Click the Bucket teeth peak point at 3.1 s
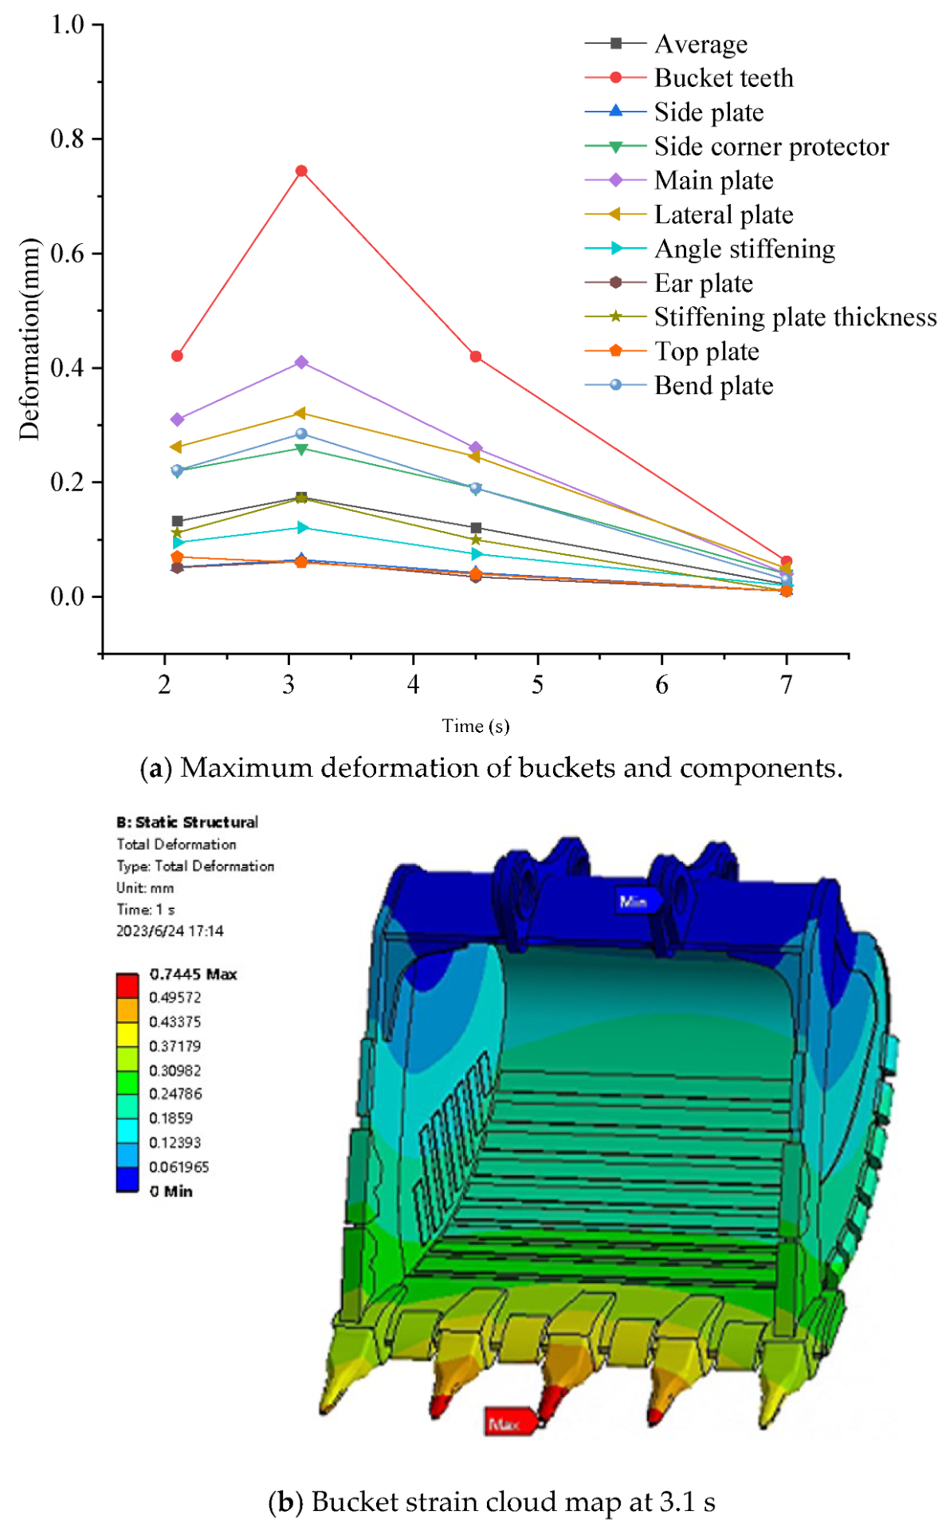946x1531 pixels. click(301, 171)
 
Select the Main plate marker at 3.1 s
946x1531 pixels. click(301, 362)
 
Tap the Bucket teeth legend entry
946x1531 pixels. click(723, 78)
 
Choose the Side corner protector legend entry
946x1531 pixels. click(771, 147)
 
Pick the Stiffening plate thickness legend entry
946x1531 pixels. click(795, 317)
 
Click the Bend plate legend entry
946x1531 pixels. click(713, 386)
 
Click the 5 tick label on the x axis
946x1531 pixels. click(538, 685)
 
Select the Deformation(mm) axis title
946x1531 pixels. click(29, 339)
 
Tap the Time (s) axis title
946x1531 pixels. click(476, 726)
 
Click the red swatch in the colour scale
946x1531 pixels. click(128, 985)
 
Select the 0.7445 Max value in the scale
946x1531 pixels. click(193, 974)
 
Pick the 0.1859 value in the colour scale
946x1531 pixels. click(171, 1118)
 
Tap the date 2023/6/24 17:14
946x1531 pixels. click(170, 931)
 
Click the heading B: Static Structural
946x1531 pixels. click(187, 822)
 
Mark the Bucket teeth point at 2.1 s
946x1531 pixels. click(177, 356)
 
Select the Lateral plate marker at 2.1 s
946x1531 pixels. click(177, 447)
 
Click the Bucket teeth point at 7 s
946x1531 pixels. click(787, 561)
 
